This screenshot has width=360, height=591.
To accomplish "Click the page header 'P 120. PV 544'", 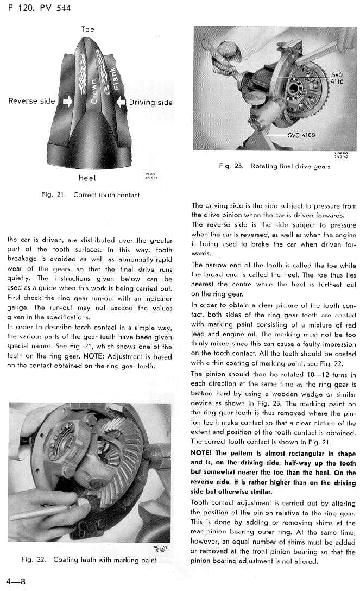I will click(40, 8).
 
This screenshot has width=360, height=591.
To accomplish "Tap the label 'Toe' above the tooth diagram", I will click(87, 29).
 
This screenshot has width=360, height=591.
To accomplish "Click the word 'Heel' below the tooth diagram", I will click(87, 178).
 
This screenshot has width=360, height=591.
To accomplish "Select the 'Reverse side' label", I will click(31, 101).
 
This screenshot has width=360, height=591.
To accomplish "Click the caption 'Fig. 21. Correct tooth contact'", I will click(90, 194).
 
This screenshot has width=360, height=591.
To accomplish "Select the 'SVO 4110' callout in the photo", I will click(337, 78).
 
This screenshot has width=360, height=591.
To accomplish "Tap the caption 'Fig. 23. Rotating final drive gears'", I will click(274, 166).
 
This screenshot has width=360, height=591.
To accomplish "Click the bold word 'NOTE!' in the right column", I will click(203, 454).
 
